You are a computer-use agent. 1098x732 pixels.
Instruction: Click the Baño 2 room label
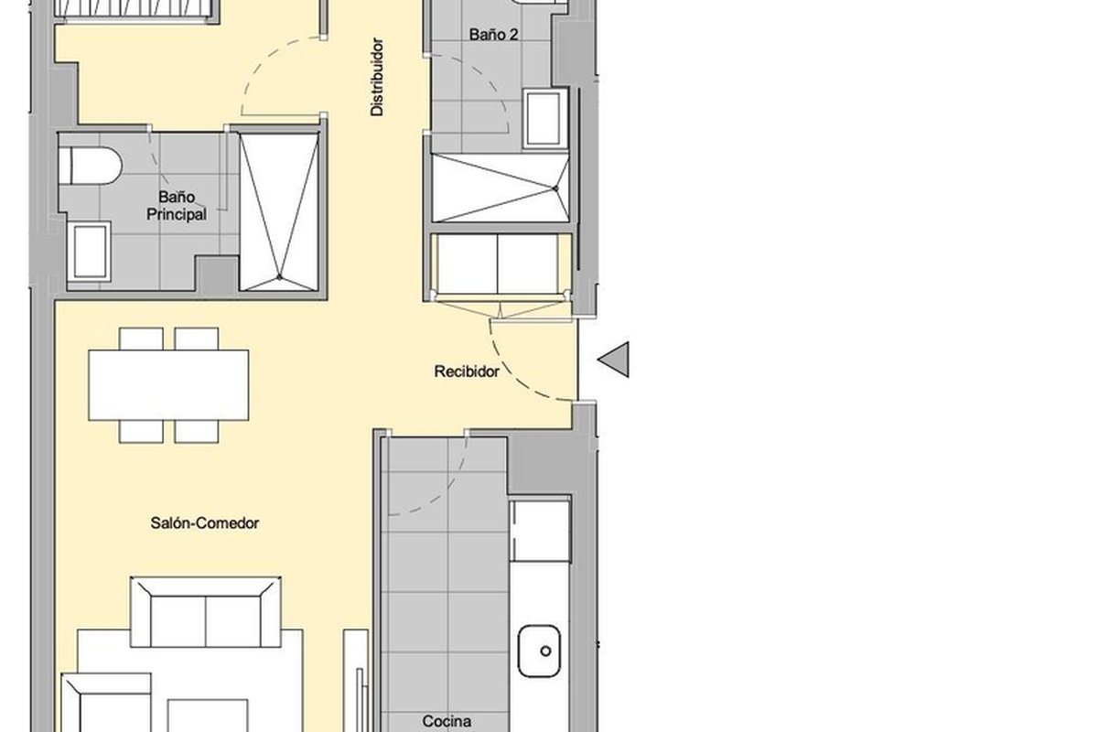(x=493, y=35)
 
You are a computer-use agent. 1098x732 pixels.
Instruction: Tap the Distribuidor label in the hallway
(x=377, y=77)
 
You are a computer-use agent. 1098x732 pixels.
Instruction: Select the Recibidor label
(x=466, y=371)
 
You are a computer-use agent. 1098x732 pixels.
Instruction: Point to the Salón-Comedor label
(x=204, y=523)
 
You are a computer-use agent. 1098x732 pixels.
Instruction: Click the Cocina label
(x=447, y=721)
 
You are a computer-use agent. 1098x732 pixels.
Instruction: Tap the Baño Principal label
(x=177, y=206)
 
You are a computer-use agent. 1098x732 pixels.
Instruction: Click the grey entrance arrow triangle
(x=613, y=360)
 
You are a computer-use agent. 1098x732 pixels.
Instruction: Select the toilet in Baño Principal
(x=91, y=166)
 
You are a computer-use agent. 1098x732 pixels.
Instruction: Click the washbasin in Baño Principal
(x=90, y=251)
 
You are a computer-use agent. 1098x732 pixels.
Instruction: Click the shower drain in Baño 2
(x=555, y=188)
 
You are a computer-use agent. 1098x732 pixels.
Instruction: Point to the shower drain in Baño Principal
(x=279, y=277)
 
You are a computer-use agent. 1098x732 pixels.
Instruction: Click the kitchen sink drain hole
(x=545, y=651)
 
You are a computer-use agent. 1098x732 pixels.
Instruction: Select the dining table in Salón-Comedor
(x=168, y=385)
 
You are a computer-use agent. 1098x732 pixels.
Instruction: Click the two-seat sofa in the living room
(x=205, y=612)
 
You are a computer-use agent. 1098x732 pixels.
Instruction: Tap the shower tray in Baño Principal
(x=279, y=211)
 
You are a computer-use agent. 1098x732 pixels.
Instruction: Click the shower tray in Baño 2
(x=501, y=188)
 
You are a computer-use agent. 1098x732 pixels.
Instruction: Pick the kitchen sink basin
(x=539, y=651)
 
